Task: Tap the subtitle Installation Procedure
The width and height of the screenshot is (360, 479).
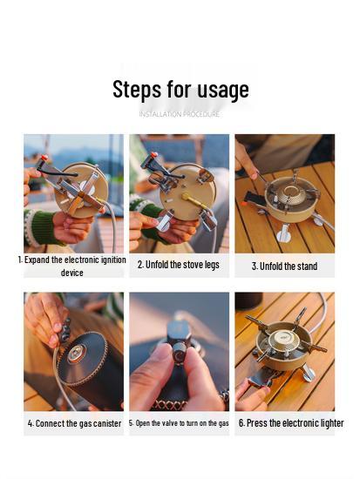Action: (180, 114)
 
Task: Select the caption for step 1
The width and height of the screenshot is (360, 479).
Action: (72, 266)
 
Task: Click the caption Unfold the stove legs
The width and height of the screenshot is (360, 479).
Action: (179, 265)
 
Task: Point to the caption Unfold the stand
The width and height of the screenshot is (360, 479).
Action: (285, 266)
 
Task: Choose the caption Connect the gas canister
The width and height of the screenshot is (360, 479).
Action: (74, 423)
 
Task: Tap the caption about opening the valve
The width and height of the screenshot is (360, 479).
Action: (180, 423)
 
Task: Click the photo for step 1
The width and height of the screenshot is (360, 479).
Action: (73, 192)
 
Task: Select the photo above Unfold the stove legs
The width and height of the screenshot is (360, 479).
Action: (180, 192)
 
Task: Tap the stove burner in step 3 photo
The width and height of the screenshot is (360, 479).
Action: (289, 200)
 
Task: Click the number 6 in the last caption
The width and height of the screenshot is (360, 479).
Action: (241, 423)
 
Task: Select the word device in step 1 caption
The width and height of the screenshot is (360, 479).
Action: (72, 273)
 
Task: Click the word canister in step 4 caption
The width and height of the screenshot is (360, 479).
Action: (104, 423)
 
